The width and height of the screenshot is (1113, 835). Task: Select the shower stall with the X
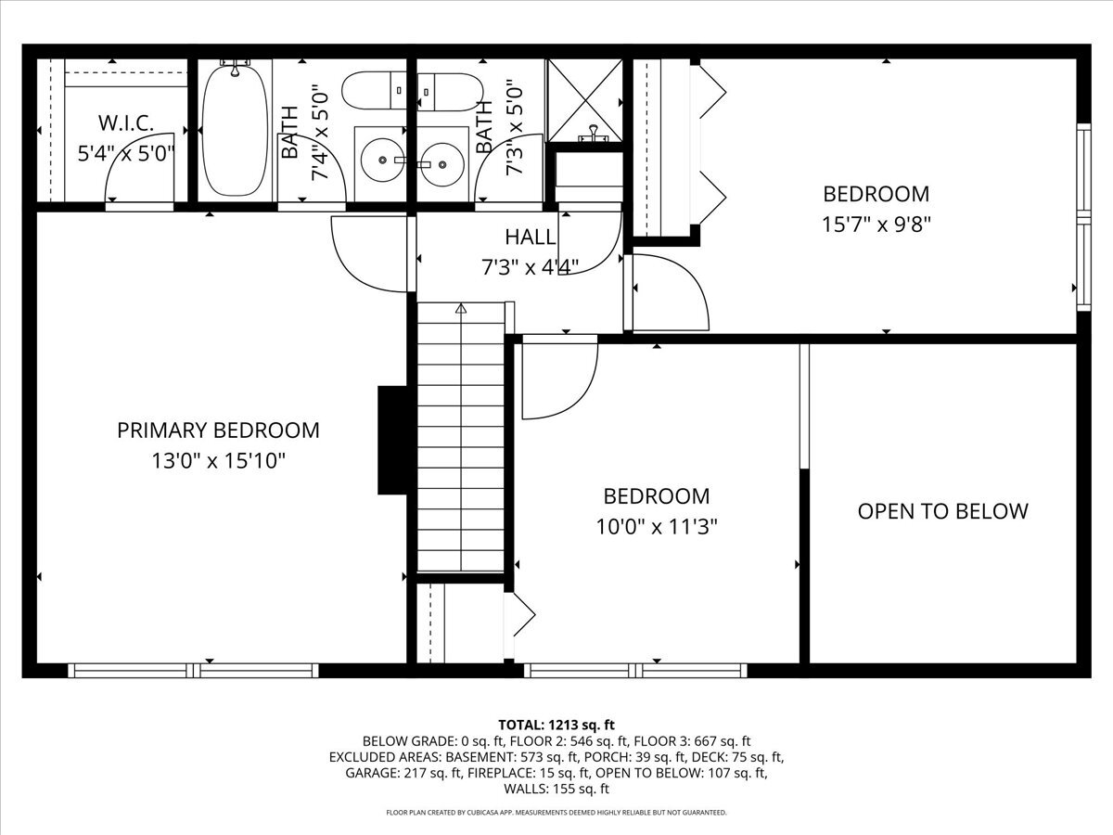click(585, 100)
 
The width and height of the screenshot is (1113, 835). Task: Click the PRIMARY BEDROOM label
click(218, 430)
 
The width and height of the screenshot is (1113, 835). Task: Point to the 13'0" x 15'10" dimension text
click(218, 461)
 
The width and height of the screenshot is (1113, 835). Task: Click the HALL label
click(531, 238)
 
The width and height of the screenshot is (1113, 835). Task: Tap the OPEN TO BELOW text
click(942, 511)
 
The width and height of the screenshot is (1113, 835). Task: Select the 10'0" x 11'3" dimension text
click(657, 527)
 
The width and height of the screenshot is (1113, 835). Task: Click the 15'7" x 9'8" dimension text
click(876, 224)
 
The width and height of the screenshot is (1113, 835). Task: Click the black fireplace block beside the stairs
click(393, 440)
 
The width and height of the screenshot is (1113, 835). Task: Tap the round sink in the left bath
click(379, 163)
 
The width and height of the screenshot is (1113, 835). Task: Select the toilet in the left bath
click(373, 91)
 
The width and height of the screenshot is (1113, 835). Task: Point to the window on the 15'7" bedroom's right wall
click(1081, 217)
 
